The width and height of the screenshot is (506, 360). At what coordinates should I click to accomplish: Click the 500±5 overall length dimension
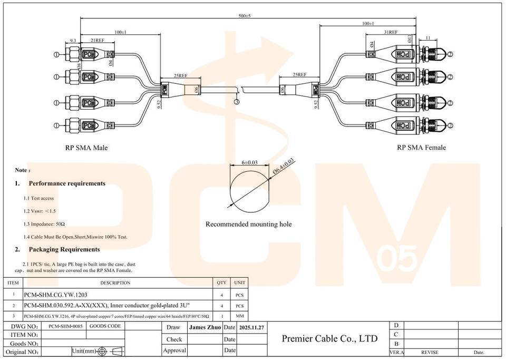[244, 16]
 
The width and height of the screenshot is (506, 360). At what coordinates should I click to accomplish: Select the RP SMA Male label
[86, 148]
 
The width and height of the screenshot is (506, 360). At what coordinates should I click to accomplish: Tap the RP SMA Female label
[421, 148]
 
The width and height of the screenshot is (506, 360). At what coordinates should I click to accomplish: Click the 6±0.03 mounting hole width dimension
[249, 162]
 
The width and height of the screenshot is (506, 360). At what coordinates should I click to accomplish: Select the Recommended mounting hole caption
[248, 225]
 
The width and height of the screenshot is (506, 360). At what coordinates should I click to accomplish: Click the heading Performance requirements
[67, 183]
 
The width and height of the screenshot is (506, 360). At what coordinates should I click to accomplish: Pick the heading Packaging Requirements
[64, 249]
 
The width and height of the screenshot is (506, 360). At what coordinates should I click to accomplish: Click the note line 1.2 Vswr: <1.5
[40, 211]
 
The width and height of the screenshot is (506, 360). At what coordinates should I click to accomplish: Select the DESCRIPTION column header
[115, 283]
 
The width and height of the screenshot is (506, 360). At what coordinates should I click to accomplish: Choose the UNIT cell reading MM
[239, 316]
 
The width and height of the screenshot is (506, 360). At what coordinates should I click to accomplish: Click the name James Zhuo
[205, 327]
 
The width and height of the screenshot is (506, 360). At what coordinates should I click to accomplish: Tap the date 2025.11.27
[251, 327]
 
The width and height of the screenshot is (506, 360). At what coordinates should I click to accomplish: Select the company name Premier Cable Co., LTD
[330, 338]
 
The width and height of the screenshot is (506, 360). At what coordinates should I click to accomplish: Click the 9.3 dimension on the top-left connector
[74, 40]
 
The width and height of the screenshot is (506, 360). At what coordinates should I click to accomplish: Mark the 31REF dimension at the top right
[390, 32]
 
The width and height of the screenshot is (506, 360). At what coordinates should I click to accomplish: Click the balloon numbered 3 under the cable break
[237, 102]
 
